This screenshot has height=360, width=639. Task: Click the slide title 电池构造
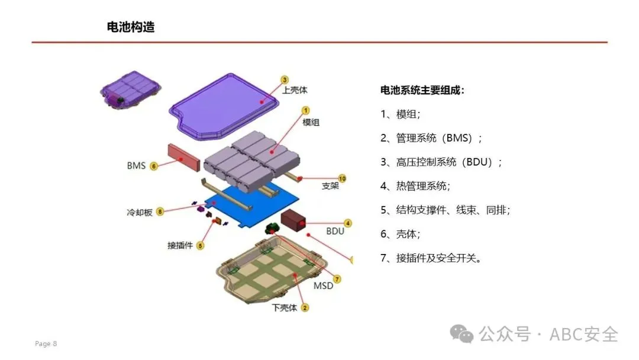[131, 27]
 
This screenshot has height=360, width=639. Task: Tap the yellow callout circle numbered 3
[285, 79]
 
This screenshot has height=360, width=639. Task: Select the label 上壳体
[295, 91]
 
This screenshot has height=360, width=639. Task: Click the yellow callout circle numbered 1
[306, 110]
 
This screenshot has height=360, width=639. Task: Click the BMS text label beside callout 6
[136, 166]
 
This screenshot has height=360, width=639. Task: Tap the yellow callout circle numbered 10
[341, 178]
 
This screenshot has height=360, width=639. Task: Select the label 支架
[330, 186]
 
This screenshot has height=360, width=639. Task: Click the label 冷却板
[140, 212]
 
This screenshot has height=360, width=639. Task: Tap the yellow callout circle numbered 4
[348, 223]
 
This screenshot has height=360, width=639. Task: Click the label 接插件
[180, 245]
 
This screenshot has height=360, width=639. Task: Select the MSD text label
[323, 286]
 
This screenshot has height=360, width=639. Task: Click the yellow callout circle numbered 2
[305, 307]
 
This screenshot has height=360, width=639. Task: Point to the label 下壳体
[285, 308]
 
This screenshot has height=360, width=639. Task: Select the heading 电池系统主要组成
[422, 91]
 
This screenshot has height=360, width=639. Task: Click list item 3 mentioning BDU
[441, 162]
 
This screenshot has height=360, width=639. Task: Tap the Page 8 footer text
[46, 344]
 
